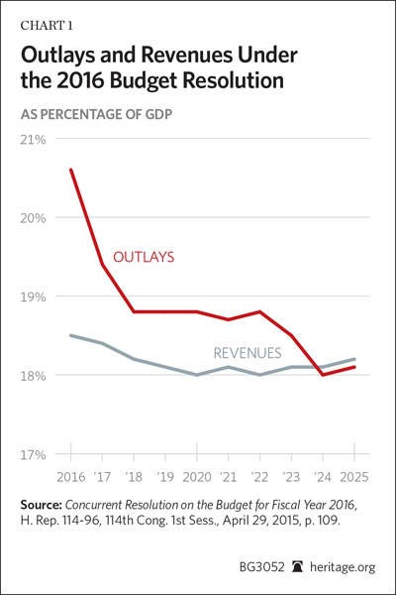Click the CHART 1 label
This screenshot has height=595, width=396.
tap(47, 26)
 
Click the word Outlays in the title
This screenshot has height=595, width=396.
tap(58, 56)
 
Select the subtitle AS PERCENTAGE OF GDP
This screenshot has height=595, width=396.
tap(96, 114)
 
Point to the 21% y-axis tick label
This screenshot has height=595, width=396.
tap(33, 139)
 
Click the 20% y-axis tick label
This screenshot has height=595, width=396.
tap(33, 218)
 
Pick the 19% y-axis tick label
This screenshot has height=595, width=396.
tap(33, 297)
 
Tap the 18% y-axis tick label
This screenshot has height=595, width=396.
tap(33, 375)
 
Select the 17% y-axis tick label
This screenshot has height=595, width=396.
tap(33, 454)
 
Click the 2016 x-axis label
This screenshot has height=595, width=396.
tap(71, 477)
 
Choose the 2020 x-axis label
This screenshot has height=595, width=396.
tap(197, 477)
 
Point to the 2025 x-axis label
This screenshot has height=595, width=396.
tap(354, 477)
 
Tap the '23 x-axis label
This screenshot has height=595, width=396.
tap(291, 477)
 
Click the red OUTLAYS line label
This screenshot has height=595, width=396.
tap(144, 257)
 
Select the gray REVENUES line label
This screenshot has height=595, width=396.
tap(247, 353)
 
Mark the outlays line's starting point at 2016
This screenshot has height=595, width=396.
tap(71, 170)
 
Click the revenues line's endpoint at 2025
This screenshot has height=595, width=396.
tap(354, 359)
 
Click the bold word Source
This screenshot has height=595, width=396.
tap(41, 505)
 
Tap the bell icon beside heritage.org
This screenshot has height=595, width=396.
tap(298, 567)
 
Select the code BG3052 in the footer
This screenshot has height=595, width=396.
tap(261, 567)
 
